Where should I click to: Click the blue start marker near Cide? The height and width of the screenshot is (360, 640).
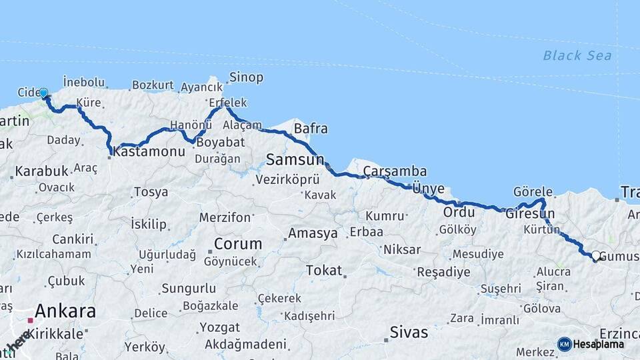point(43,93)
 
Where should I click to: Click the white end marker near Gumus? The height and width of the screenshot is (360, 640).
point(595,255)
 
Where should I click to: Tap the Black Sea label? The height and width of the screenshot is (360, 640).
point(577,55)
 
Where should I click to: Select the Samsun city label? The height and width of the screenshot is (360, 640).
point(295,159)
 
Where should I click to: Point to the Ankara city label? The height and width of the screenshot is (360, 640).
point(65,311)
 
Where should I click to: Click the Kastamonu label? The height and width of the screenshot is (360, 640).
point(149,152)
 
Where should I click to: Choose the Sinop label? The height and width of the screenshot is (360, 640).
point(246,77)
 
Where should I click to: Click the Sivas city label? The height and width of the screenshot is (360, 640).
point(408,331)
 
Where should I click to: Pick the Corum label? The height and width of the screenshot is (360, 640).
point(238,243)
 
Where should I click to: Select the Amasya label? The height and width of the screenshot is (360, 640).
point(313,234)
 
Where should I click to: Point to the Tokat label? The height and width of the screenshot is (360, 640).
point(324,271)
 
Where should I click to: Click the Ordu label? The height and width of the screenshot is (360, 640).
point(459,213)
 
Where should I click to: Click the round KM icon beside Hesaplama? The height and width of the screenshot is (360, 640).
point(564,344)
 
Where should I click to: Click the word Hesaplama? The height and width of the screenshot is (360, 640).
point(599,345)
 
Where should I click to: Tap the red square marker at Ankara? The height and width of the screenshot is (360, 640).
point(30,321)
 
